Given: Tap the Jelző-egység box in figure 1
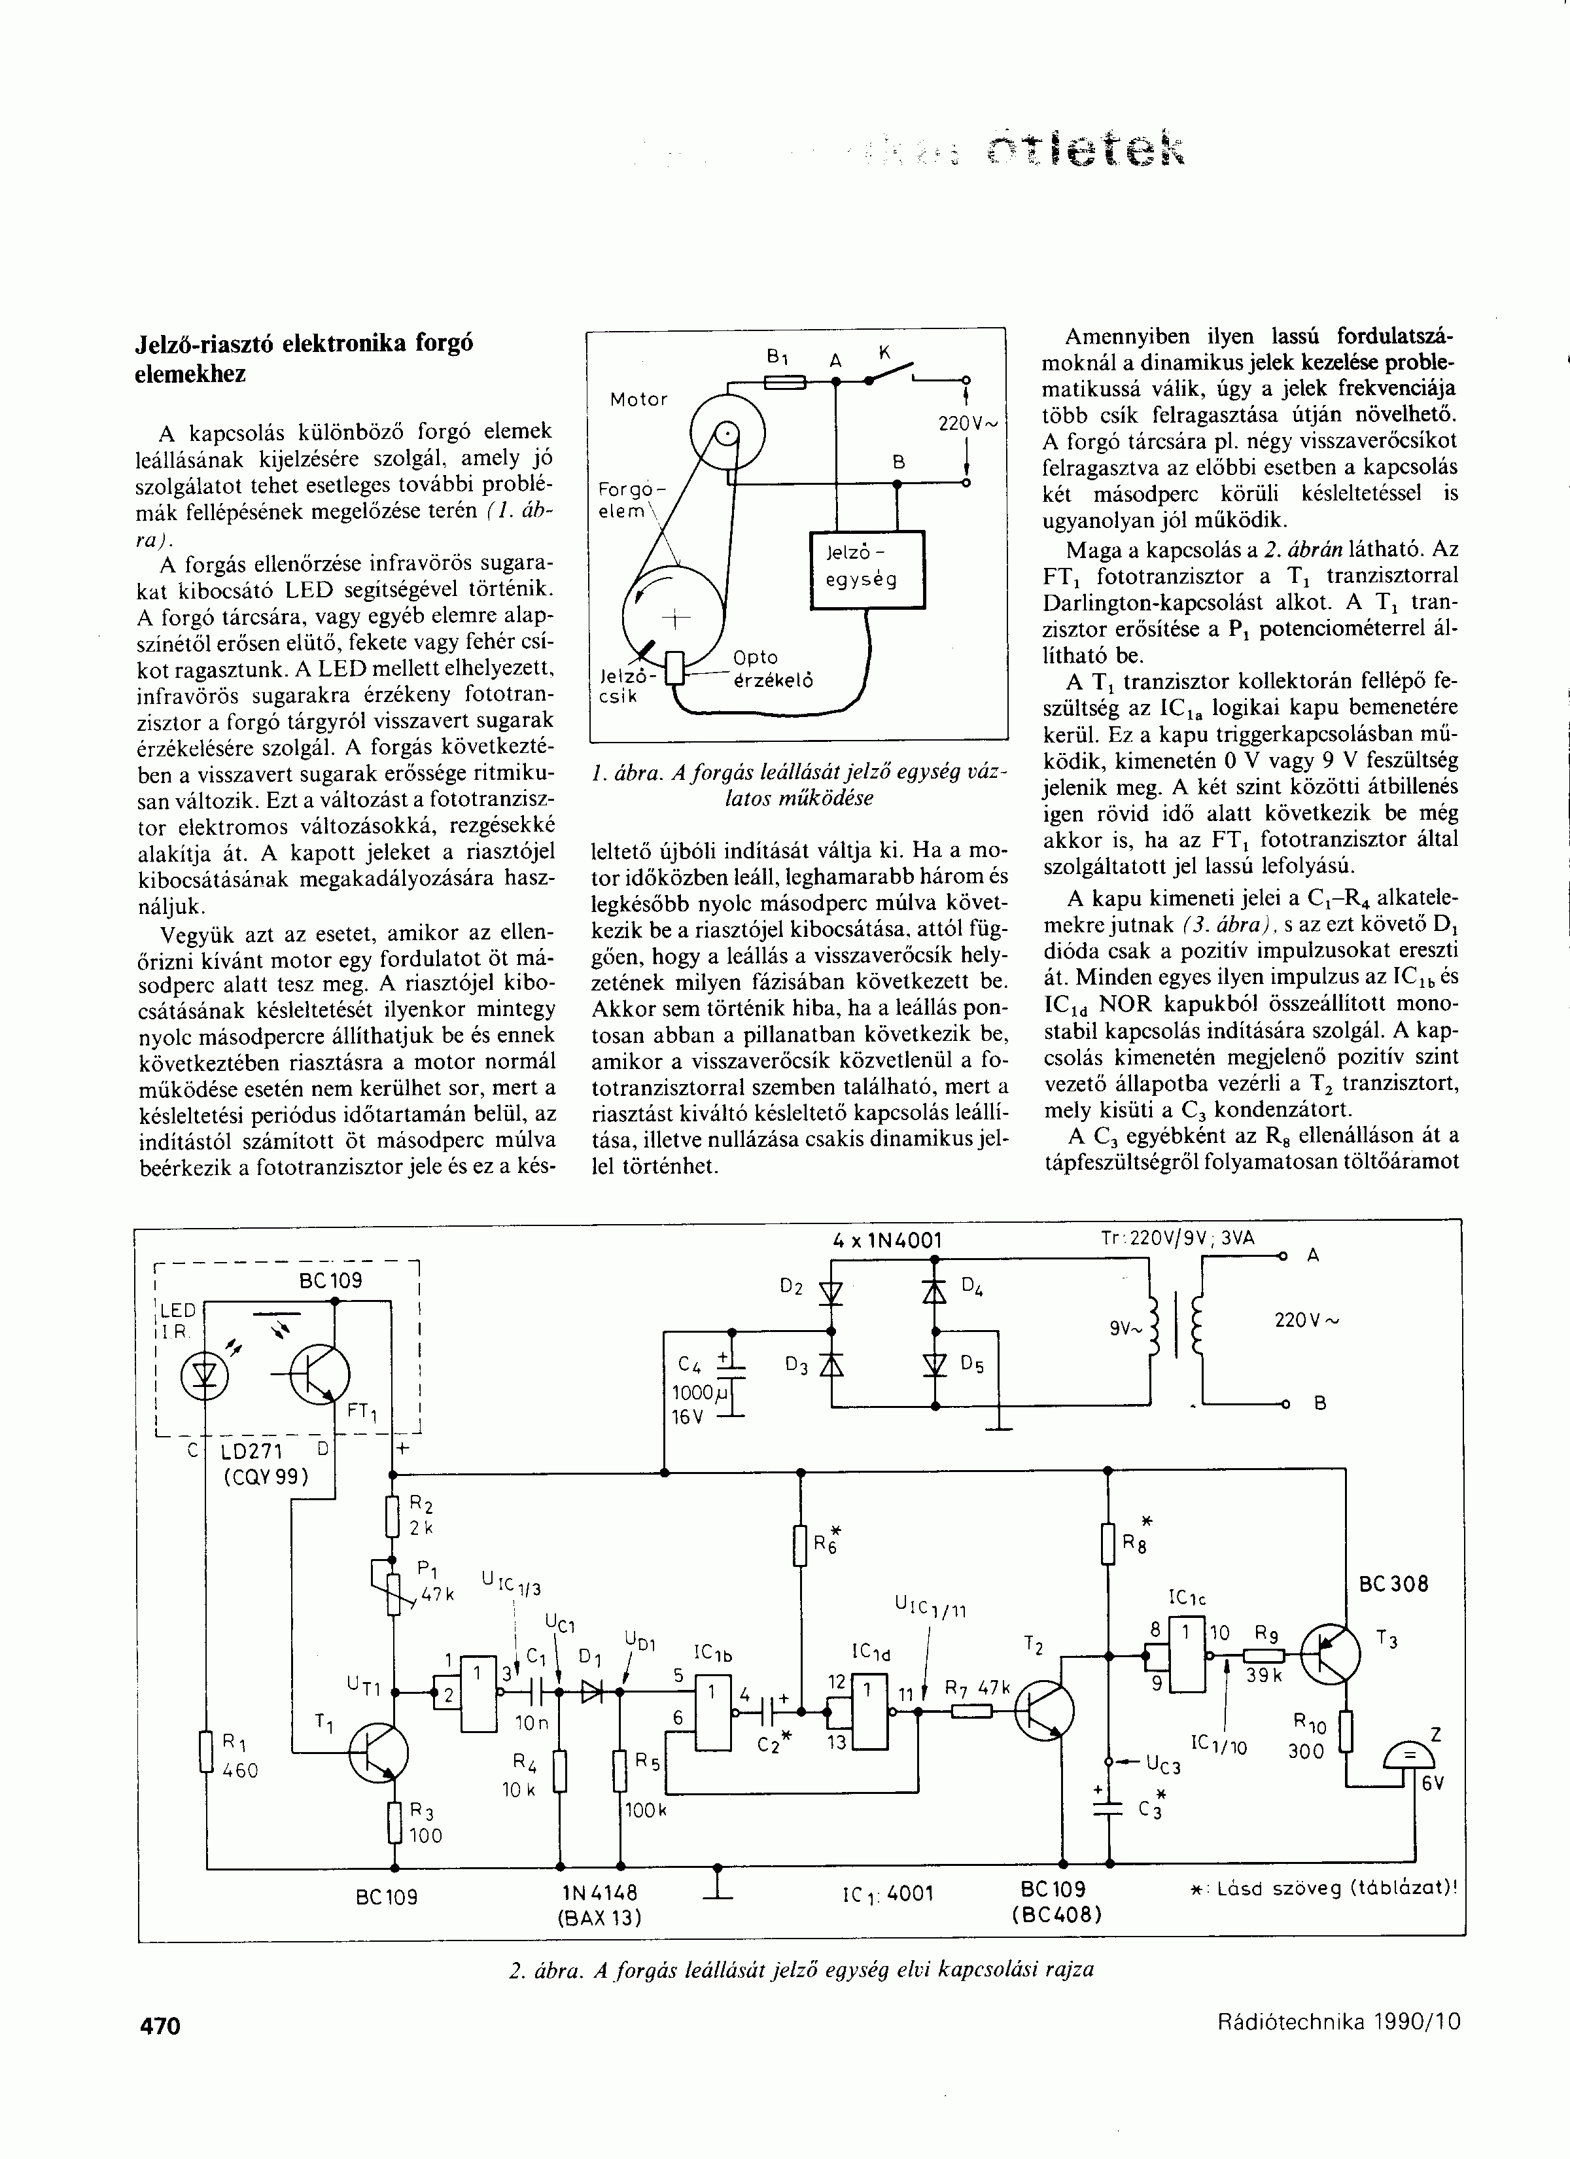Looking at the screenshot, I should coord(866,569).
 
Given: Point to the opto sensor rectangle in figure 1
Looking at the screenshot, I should coord(675,667).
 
